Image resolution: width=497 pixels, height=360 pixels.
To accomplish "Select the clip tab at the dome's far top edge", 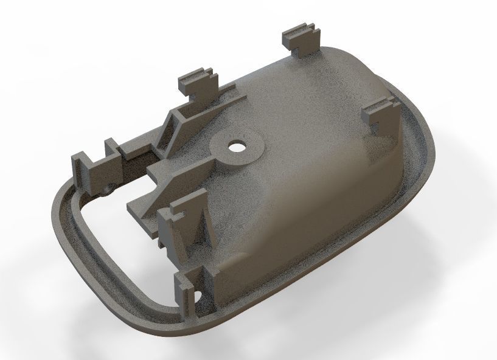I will [302, 40].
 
